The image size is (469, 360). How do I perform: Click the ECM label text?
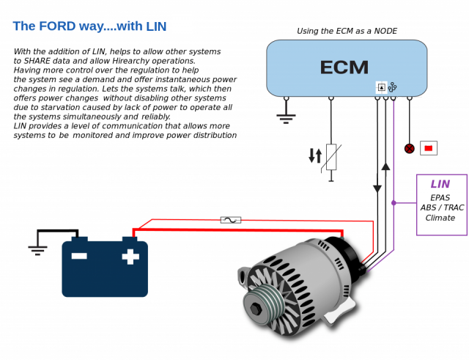[x=344, y=67]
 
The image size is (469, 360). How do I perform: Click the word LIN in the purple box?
[x=440, y=184]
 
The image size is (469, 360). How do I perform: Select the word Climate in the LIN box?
[x=440, y=218]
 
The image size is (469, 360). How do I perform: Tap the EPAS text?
[x=440, y=198]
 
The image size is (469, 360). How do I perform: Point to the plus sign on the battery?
[x=130, y=257]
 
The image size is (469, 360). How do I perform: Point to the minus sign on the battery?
[x=79, y=257]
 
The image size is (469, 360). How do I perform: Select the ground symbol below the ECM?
[x=286, y=116]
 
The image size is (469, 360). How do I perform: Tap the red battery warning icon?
[x=428, y=148]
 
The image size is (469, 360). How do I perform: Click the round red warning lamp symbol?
[x=410, y=148]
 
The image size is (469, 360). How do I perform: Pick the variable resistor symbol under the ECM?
[x=331, y=158]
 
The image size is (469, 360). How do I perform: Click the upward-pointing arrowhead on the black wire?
[x=385, y=166]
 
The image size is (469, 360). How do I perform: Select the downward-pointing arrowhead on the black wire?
[x=377, y=188]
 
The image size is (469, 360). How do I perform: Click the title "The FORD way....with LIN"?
[x=89, y=26]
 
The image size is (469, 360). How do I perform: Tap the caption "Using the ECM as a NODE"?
[x=346, y=31]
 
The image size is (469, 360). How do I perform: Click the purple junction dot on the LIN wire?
[x=394, y=202]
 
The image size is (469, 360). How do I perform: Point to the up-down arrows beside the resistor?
[x=315, y=155]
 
